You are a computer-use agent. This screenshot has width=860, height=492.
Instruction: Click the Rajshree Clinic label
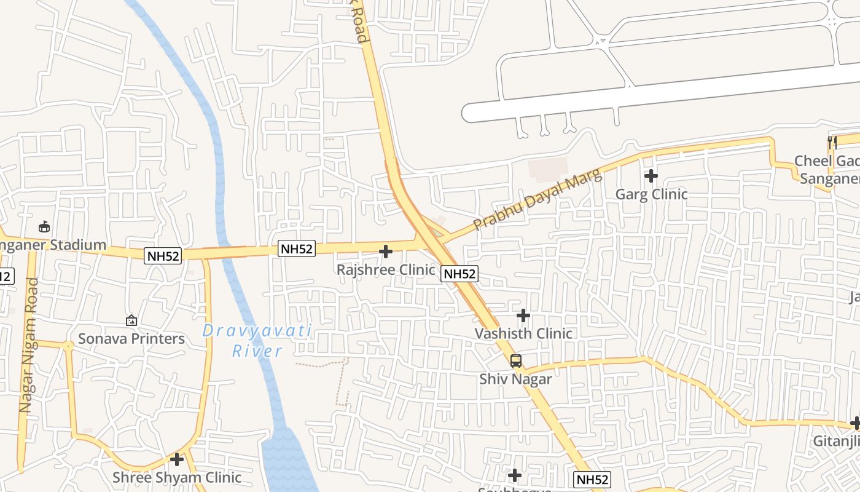point(386,269)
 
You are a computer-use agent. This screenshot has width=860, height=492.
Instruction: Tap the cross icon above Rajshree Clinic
point(386,252)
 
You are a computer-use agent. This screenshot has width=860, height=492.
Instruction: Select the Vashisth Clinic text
point(523,333)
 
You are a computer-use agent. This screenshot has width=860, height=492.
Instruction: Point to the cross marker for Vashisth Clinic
point(523,316)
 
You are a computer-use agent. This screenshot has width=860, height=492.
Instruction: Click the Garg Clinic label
point(651,194)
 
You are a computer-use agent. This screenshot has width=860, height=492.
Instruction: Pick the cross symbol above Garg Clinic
point(651,177)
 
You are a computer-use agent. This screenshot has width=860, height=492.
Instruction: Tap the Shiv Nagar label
point(515,379)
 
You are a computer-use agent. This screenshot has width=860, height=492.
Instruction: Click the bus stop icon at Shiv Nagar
point(516,361)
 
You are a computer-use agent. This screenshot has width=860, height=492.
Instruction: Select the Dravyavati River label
point(257,341)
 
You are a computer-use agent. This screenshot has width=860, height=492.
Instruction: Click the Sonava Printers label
point(131,338)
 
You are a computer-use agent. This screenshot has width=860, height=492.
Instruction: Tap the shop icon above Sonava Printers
point(131,320)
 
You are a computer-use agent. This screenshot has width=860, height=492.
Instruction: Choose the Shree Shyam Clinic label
point(177,477)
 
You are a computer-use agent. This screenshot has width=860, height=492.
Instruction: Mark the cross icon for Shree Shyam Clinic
point(177,459)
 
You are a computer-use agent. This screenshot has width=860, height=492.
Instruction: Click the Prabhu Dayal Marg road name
point(538,201)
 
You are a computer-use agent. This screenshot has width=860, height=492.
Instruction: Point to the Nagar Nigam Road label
point(29,345)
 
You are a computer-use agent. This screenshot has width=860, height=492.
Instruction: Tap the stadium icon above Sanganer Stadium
point(44,227)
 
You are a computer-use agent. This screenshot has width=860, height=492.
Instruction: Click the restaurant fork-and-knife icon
point(832,143)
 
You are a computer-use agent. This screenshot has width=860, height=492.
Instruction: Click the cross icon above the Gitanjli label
point(856,424)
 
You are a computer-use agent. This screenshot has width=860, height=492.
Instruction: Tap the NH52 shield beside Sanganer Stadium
point(163,256)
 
